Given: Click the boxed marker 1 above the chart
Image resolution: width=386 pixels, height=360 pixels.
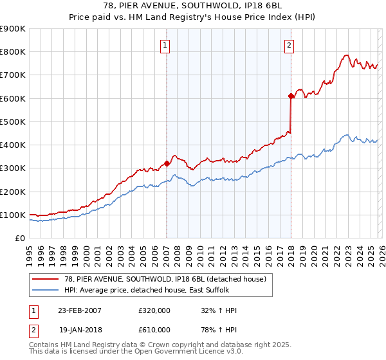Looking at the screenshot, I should point(166,45).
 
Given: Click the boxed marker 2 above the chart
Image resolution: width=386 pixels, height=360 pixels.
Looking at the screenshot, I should point(289,45).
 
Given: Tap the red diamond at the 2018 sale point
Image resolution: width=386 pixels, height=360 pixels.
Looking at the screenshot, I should point(291,96).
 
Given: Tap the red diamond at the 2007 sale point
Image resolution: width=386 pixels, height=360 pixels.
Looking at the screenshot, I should point(167,163).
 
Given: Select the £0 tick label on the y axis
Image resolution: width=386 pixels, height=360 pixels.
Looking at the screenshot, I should point(21,238).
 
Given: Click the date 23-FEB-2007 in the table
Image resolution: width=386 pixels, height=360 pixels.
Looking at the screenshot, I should point(80,310).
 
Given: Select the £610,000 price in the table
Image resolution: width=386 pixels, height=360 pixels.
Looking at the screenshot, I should point(154,329).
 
